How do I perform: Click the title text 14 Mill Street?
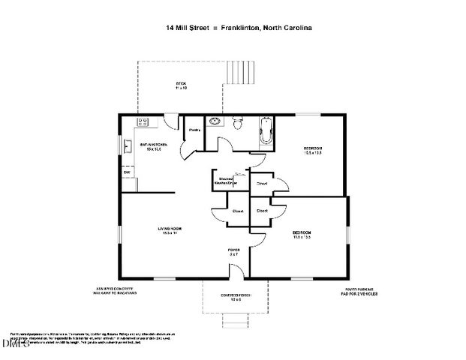coord(187,28)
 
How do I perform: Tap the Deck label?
coord(180,85)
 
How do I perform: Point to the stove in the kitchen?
coord(143,121)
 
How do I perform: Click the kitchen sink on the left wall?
coord(128,146)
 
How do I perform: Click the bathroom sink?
coord(215,121)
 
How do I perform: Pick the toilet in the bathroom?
coord(239,123)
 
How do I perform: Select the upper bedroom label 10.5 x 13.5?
coord(312,150)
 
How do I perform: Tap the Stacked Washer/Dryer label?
coord(227,181)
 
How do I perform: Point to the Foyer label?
coord(233,252)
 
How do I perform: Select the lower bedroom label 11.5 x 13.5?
coord(302,235)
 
